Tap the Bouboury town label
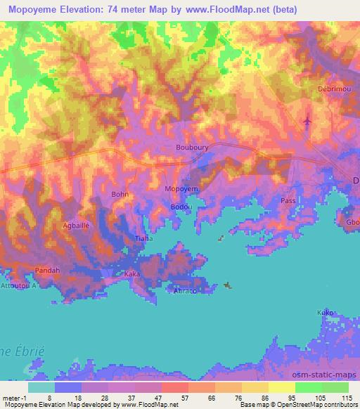coord(191,148)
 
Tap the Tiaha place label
coord(143,239)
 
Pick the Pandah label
coord(48,270)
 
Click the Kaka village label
coord(132,273)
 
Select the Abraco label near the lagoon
coord(185,290)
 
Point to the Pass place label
coord(288,200)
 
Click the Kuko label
coord(324,311)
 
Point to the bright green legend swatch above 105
coord(309,387)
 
